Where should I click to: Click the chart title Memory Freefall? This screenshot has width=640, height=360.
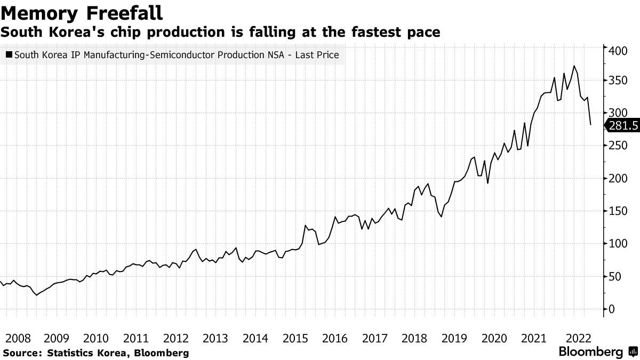(x=82, y=12)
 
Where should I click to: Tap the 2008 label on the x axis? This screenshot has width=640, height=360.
(x=17, y=338)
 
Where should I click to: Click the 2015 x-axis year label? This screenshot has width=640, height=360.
(x=295, y=338)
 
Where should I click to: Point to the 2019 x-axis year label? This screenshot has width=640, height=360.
(x=454, y=338)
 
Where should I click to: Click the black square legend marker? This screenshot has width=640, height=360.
(x=9, y=55)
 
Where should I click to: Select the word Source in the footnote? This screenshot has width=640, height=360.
(x=22, y=353)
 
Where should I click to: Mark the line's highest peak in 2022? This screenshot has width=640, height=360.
(x=574, y=66)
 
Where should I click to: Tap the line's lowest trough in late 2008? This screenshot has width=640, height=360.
(x=36, y=294)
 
